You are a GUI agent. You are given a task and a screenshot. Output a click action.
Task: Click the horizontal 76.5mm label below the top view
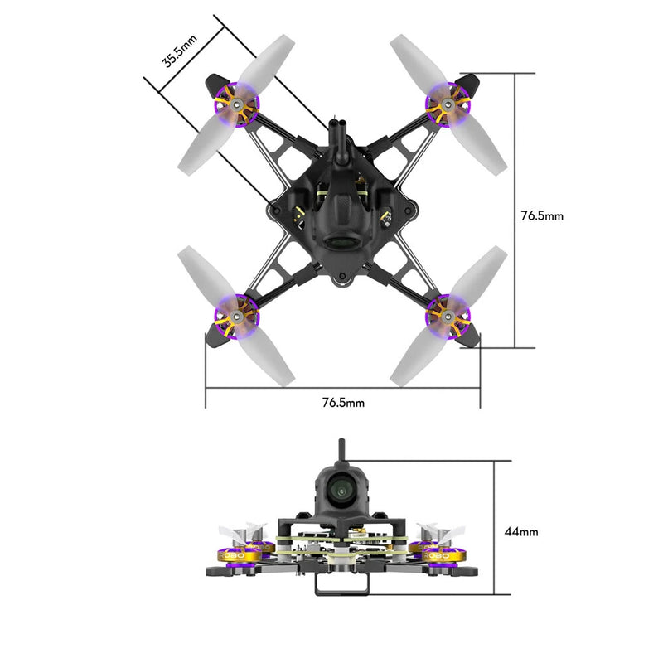pos(343,403)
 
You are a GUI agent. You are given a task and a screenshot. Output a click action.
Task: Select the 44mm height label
pos(521,531)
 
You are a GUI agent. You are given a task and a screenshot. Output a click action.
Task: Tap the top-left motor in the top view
pos(237,104)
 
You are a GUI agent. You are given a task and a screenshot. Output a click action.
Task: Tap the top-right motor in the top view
pos(447,104)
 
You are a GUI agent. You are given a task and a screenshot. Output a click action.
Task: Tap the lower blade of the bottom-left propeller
pos(272,356)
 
